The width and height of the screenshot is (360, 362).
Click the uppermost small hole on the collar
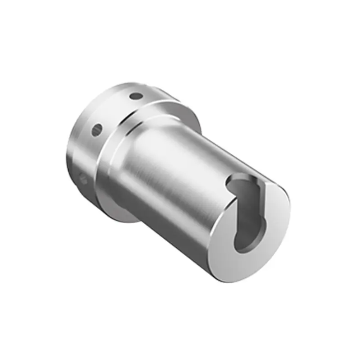click(x=136, y=96)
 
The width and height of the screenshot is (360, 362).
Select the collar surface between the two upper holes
click(x=116, y=112)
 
